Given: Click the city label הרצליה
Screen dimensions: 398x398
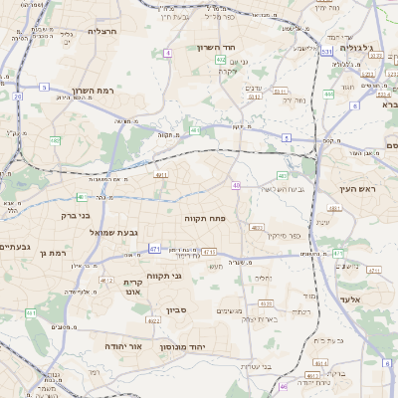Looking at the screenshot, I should coord(102,31).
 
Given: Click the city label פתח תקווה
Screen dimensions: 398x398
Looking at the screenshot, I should coord(206,215).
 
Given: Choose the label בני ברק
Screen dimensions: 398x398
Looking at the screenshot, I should coord(76,214).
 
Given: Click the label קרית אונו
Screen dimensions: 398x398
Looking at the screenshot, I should coord(135,288).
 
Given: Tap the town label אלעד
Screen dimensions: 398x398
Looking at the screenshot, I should coord(352,298).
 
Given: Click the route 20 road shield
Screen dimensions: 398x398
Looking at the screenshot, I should coord(18,96).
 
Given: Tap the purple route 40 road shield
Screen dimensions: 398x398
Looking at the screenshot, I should coord(236,185).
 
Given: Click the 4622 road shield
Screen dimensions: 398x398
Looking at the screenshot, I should coord(153,320).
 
